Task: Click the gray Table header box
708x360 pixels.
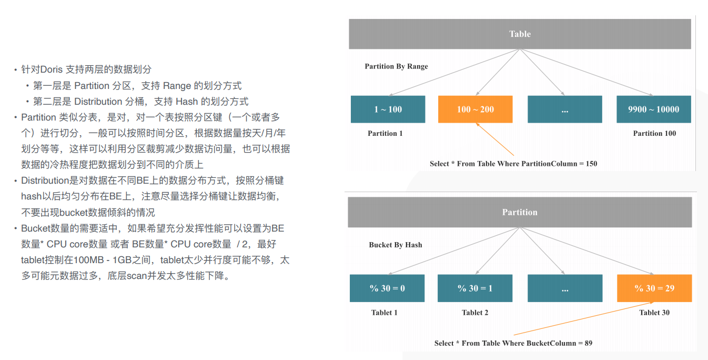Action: coord(520,34)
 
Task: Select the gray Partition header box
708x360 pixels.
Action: coord(520,212)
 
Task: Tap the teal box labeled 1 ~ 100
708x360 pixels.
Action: coord(388,109)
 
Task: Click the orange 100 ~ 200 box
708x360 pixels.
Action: coord(476,109)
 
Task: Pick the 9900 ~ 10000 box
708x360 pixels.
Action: coord(653,109)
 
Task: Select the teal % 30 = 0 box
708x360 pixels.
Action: coord(387,288)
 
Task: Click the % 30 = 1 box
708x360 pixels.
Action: coord(475,288)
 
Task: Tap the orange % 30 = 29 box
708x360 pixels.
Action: coord(654,288)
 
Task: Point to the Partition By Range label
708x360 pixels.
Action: coord(396,66)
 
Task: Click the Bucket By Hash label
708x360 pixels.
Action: coord(396,245)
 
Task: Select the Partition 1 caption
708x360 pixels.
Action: coord(385,133)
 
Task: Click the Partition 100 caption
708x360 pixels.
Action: coord(654,133)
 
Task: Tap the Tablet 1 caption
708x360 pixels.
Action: coord(385,313)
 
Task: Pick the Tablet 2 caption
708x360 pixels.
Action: coord(475,313)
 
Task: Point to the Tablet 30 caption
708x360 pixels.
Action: coord(654,313)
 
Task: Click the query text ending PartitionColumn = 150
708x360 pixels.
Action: coord(513,164)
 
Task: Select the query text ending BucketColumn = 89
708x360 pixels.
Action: coord(513,343)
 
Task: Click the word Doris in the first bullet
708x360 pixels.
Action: coord(52,69)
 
